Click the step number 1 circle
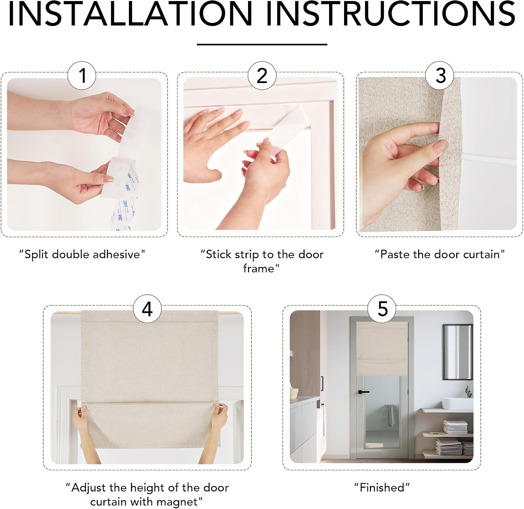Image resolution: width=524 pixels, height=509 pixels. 82,75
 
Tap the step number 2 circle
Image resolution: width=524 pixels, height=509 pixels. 262,75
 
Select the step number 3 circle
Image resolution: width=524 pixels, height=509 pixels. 440,75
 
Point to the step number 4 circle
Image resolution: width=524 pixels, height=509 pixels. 147,309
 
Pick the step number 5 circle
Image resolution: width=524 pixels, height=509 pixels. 382,309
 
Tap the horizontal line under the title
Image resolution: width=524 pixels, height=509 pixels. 262,44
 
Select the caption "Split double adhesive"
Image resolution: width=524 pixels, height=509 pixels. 82,254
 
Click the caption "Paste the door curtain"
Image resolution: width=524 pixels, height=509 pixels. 440,254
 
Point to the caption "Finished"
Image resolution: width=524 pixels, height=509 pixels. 382,487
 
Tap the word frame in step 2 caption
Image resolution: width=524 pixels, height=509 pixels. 259,268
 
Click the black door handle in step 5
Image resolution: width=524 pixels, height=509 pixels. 363,392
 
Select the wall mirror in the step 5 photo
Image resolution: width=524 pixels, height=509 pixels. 458,352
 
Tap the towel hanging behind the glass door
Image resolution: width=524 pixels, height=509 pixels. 389,415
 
